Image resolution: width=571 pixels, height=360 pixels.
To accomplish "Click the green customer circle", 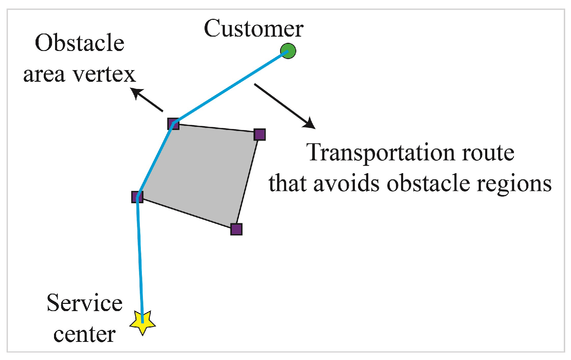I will pyautogui.click(x=288, y=51).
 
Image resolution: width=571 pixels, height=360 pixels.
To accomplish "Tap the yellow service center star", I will pyautogui.click(x=143, y=323).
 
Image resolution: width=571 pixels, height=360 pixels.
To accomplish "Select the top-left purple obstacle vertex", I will pyautogui.click(x=173, y=124).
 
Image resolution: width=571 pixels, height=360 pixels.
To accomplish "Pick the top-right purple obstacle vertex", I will pyautogui.click(x=260, y=134).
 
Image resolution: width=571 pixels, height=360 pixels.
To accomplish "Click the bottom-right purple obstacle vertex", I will pyautogui.click(x=236, y=229).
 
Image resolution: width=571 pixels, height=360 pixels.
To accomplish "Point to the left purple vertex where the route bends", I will pyautogui.click(x=137, y=197).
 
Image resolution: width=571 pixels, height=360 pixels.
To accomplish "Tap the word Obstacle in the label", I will pyautogui.click(x=79, y=43).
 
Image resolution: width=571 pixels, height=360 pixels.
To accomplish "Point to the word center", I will pyautogui.click(x=84, y=334).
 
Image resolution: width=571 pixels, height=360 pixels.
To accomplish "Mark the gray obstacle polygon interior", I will pyautogui.click(x=202, y=171).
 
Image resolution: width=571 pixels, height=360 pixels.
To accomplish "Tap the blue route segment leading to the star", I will pyautogui.click(x=140, y=260).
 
